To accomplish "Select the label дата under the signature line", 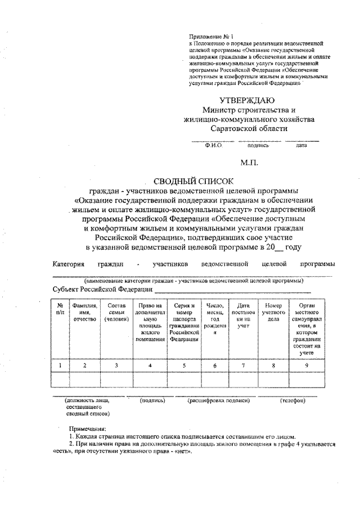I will (301, 145).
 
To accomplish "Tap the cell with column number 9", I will (306, 366).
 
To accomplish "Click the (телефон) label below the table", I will (292, 401).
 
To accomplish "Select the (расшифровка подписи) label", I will (218, 401).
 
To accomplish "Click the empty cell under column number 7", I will (243, 380).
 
